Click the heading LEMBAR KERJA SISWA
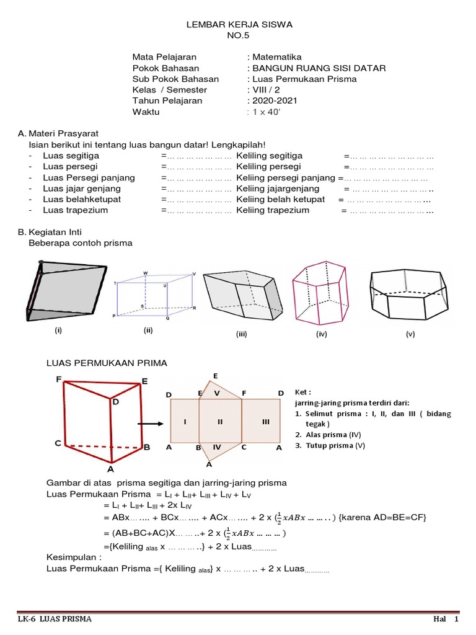click(x=239, y=25)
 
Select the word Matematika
click(x=276, y=56)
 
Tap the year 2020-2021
click(x=273, y=100)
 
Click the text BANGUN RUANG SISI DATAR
click(x=318, y=68)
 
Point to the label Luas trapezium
click(x=75, y=210)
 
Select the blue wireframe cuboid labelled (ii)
click(x=155, y=295)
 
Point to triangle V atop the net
click(x=217, y=392)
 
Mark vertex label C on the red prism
click(x=58, y=443)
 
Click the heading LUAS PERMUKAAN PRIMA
click(x=107, y=362)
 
